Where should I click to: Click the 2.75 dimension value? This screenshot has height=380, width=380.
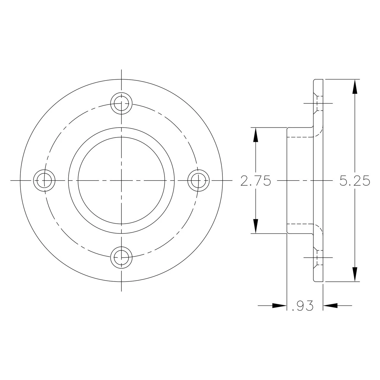coord(256,181)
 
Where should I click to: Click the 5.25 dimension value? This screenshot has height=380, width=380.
coord(355,181)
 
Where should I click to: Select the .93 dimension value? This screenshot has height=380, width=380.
coord(303,306)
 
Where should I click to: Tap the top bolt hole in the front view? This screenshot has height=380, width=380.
coord(121,103)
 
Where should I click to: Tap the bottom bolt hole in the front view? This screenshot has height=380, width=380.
coord(121,257)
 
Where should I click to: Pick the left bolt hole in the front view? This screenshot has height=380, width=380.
coord(44,180)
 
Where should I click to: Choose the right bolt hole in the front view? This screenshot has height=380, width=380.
coord(198,180)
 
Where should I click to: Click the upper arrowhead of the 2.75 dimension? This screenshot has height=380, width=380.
coord(256,135)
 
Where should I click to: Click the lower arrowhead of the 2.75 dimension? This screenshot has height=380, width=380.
coord(256,226)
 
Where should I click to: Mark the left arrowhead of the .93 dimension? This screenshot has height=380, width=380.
coord(279,305)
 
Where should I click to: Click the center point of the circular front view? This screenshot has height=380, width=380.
coord(121,180)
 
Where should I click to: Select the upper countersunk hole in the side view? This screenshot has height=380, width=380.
coord(318,103)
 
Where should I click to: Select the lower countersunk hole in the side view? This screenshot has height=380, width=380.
coord(318,257)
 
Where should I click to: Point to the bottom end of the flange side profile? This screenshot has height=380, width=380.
coord(318,281)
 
